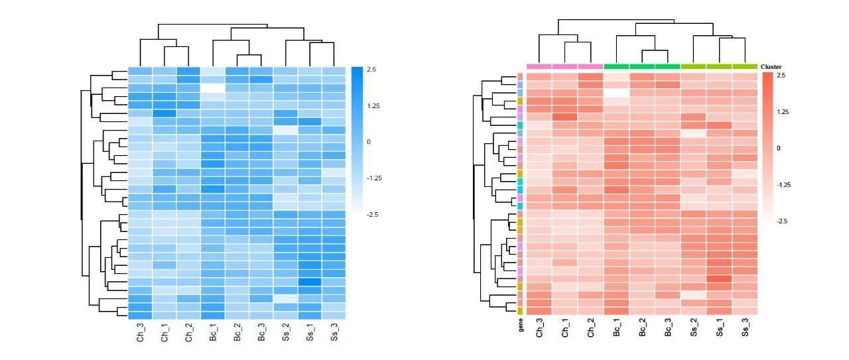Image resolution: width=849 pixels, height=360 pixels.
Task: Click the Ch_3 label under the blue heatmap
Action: tap(141, 332)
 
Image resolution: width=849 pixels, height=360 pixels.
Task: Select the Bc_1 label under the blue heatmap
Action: tap(214, 332)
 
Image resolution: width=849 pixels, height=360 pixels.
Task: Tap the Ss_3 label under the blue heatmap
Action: tap(334, 332)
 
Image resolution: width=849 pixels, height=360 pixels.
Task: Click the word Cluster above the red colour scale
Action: tap(771, 67)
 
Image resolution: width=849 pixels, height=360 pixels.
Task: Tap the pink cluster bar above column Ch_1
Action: tap(564, 66)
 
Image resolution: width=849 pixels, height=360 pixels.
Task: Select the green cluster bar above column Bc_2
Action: tap(642, 66)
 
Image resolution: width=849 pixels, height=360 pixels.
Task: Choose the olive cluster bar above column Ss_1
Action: tap(720, 66)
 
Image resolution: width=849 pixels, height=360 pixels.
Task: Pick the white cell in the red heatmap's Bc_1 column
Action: tap(616, 93)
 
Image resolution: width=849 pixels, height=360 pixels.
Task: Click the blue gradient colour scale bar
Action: tap(357, 141)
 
